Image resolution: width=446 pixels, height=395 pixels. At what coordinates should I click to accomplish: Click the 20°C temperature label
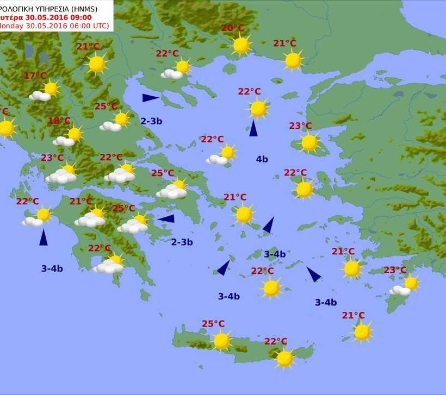(232, 28)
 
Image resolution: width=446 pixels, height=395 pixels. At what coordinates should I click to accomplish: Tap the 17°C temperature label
(35, 76)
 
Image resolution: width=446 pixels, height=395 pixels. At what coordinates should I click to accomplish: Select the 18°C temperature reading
(59, 121)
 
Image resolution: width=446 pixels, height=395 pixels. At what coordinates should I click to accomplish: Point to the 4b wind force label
(262, 159)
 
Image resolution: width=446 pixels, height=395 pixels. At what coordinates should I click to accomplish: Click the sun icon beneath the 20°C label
(241, 45)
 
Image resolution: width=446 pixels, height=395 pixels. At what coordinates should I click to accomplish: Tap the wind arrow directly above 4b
(253, 128)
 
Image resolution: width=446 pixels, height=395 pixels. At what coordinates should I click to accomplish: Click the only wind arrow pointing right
(151, 98)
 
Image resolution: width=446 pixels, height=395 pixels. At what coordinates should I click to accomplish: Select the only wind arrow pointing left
(166, 218)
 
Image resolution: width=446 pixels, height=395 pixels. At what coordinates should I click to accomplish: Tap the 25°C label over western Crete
(213, 324)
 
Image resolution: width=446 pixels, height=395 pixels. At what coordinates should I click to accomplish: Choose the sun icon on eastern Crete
(284, 359)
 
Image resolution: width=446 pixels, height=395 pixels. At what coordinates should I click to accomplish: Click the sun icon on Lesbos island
(309, 142)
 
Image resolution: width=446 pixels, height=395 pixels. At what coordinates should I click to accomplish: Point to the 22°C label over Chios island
(295, 173)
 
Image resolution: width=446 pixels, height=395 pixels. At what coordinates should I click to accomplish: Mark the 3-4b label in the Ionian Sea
(52, 268)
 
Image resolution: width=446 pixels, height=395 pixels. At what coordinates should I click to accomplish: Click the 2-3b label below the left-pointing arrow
(182, 242)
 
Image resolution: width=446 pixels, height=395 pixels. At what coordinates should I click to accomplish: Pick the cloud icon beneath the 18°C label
(64, 141)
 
